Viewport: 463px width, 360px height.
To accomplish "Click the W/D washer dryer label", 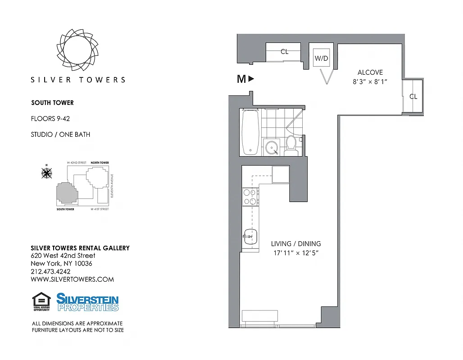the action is pos(321,58).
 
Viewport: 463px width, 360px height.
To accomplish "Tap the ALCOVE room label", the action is pos(370,72).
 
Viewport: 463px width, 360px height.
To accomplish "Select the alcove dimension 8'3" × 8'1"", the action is pos(370,82).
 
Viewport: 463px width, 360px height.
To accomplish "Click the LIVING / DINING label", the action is pos(296,244).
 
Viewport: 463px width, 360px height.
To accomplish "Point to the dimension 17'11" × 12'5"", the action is pos(296,253).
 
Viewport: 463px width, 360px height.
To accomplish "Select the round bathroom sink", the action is pos(271,147).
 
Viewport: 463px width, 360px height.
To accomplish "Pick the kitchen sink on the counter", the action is pos(250,235).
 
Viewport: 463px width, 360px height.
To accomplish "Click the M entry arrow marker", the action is pos(246,79).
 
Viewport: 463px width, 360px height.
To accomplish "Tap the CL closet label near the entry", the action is pos(284,52).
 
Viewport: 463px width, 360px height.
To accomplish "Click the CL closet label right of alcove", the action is pos(413,96).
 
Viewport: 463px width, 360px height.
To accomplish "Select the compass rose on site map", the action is pos(46,172).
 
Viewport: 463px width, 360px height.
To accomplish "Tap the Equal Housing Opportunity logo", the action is pos(41,301).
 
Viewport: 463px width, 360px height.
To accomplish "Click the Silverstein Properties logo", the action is pos(87,302).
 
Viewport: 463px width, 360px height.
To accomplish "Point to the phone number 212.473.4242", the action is pos(50,271).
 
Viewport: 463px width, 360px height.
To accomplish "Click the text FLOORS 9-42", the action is pos(50,119).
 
